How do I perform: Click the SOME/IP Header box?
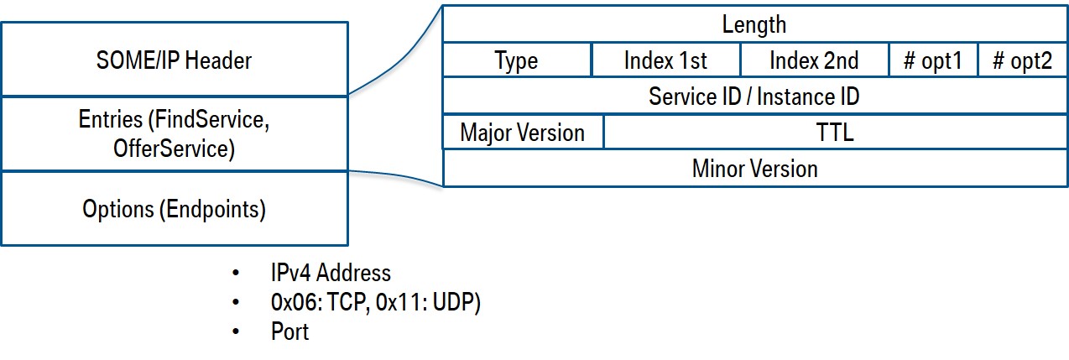[174, 60]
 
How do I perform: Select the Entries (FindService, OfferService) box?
[174, 134]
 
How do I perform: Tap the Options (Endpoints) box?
[174, 209]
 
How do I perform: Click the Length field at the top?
[754, 24]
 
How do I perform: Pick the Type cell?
[516, 61]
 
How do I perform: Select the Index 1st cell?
[665, 61]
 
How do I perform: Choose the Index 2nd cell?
[813, 61]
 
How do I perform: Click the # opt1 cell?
[933, 61]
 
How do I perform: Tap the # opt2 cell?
[1022, 61]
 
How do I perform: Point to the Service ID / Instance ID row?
[754, 97]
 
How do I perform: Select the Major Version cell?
[522, 133]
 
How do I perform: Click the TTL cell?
[834, 133]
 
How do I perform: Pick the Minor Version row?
[754, 169]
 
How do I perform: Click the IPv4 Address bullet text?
[331, 273]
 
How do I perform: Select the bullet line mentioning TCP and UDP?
[375, 302]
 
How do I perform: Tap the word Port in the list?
[289, 331]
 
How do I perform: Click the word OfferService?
[173, 149]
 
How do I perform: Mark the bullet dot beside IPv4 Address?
[237, 274]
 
